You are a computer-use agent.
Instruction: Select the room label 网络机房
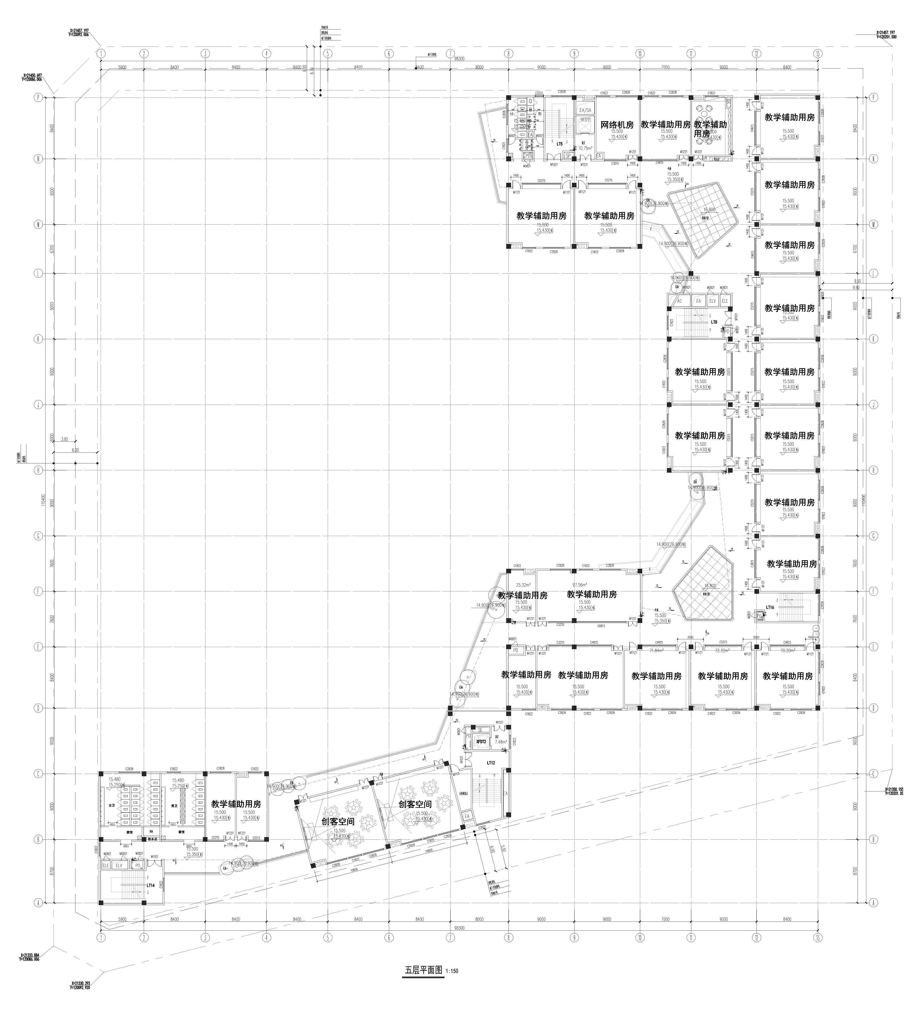[x=617, y=125]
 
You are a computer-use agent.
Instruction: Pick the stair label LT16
[x=770, y=607]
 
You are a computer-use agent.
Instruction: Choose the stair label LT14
[x=150, y=885]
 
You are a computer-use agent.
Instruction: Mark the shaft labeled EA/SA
[x=585, y=110]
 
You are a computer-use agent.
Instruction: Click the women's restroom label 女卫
[x=111, y=806]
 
